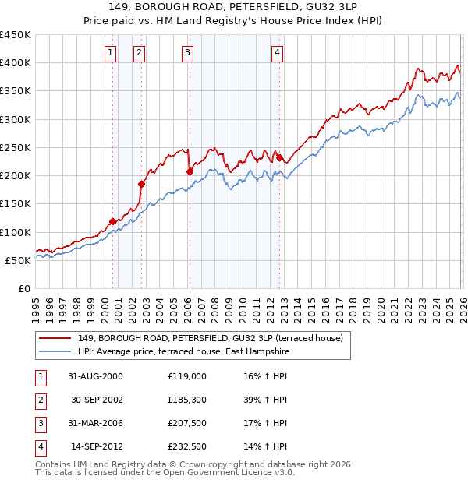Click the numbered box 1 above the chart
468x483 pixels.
point(110,53)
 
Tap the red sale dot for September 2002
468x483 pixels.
point(142,184)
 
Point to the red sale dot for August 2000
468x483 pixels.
point(113,221)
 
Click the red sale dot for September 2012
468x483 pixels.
point(278,157)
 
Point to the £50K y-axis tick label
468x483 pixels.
point(19,260)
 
